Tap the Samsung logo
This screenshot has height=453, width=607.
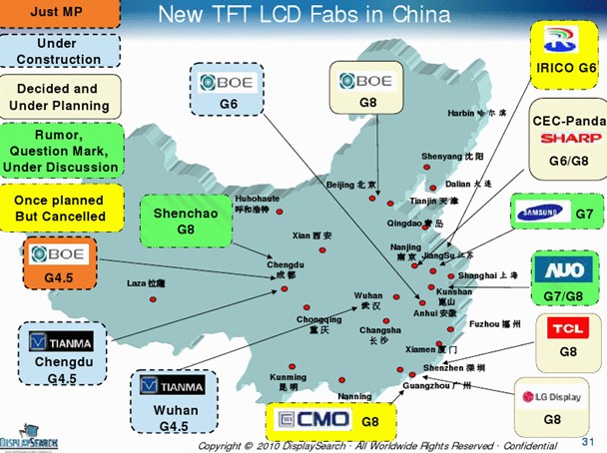542,212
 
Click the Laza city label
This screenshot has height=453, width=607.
139,283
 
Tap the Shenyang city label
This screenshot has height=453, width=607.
452,157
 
